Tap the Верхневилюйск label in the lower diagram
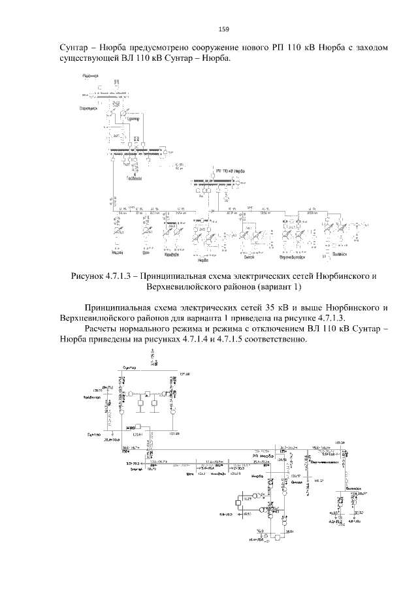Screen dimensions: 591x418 [x=325, y=461]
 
